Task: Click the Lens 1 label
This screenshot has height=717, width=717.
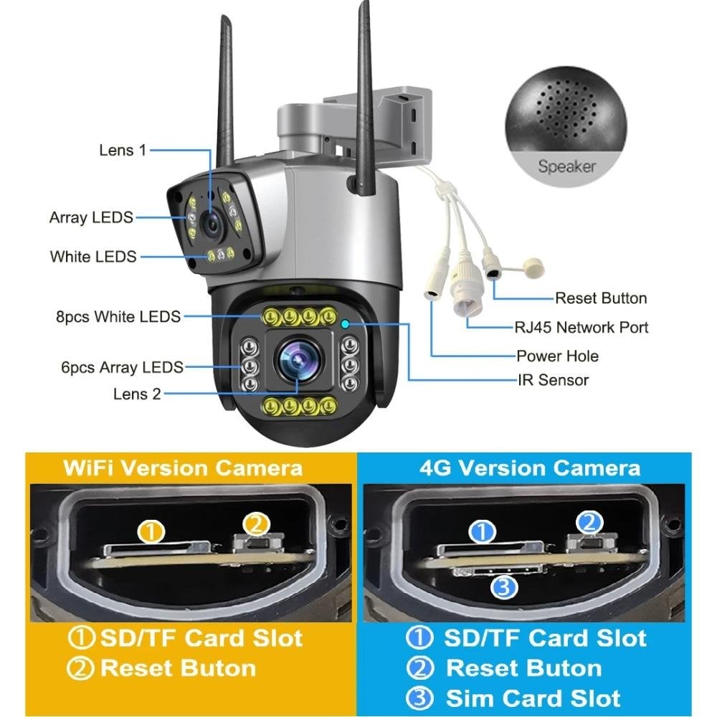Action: pyautogui.click(x=123, y=150)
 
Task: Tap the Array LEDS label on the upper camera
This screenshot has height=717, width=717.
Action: pyautogui.click(x=91, y=217)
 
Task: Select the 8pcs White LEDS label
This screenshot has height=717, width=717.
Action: pyautogui.click(x=118, y=316)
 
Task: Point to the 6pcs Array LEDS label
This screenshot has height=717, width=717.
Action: pyautogui.click(x=122, y=367)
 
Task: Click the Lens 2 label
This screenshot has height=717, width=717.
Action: pyautogui.click(x=137, y=394)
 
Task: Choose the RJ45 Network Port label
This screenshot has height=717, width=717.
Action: pyautogui.click(x=581, y=328)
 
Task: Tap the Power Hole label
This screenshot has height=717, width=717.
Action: pyautogui.click(x=557, y=356)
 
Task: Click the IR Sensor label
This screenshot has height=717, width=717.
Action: pyautogui.click(x=553, y=379)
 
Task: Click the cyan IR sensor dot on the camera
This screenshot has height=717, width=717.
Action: pyautogui.click(x=345, y=324)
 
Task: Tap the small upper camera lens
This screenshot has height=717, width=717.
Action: pyautogui.click(x=212, y=224)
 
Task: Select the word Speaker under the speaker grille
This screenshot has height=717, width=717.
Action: pyautogui.click(x=566, y=166)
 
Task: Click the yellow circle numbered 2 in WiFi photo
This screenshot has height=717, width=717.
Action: pyautogui.click(x=256, y=525)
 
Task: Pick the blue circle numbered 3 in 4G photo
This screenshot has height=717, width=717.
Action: pyautogui.click(x=504, y=587)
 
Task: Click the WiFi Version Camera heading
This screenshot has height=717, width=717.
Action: pyautogui.click(x=183, y=467)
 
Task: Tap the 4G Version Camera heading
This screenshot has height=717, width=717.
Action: pyautogui.click(x=530, y=467)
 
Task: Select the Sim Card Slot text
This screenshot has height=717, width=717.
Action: pyautogui.click(x=533, y=698)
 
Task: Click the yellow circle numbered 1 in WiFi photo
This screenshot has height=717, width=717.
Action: pyautogui.click(x=151, y=532)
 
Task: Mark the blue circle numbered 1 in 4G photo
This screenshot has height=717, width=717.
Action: pyautogui.click(x=483, y=532)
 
